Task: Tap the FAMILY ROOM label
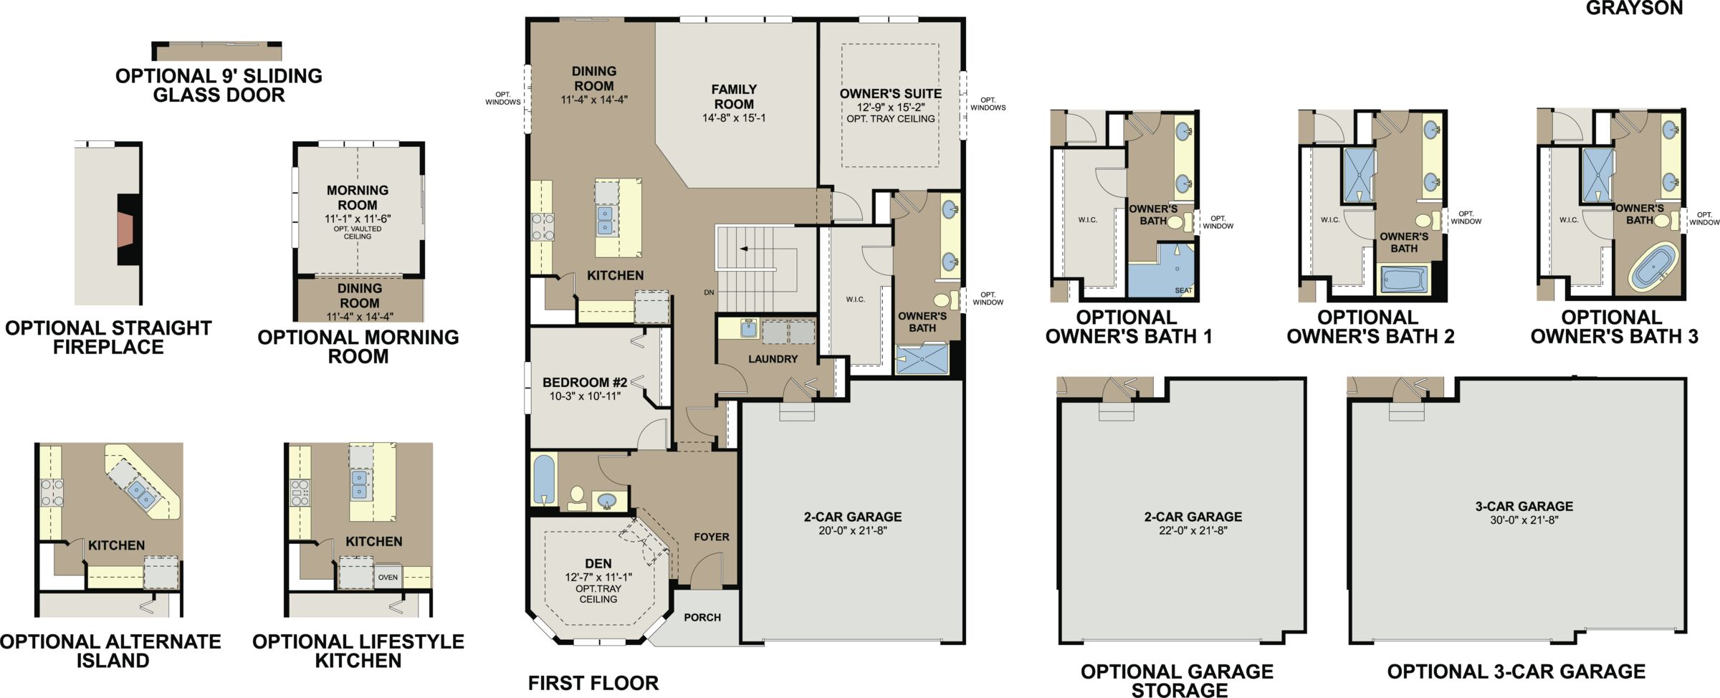click(734, 97)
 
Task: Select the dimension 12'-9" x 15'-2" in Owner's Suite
click(890, 107)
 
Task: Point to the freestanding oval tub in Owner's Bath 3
click(1654, 266)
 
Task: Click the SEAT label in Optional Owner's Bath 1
click(1184, 290)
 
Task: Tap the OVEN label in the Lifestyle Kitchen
click(388, 577)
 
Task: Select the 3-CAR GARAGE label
click(1524, 506)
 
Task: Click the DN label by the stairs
click(709, 292)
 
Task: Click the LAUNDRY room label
click(773, 359)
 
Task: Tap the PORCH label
click(702, 617)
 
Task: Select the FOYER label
click(711, 537)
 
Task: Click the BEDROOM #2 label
click(585, 383)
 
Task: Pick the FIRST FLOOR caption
click(593, 683)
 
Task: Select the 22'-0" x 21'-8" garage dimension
click(1193, 531)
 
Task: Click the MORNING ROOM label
click(358, 198)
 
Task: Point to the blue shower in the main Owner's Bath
click(922, 359)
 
